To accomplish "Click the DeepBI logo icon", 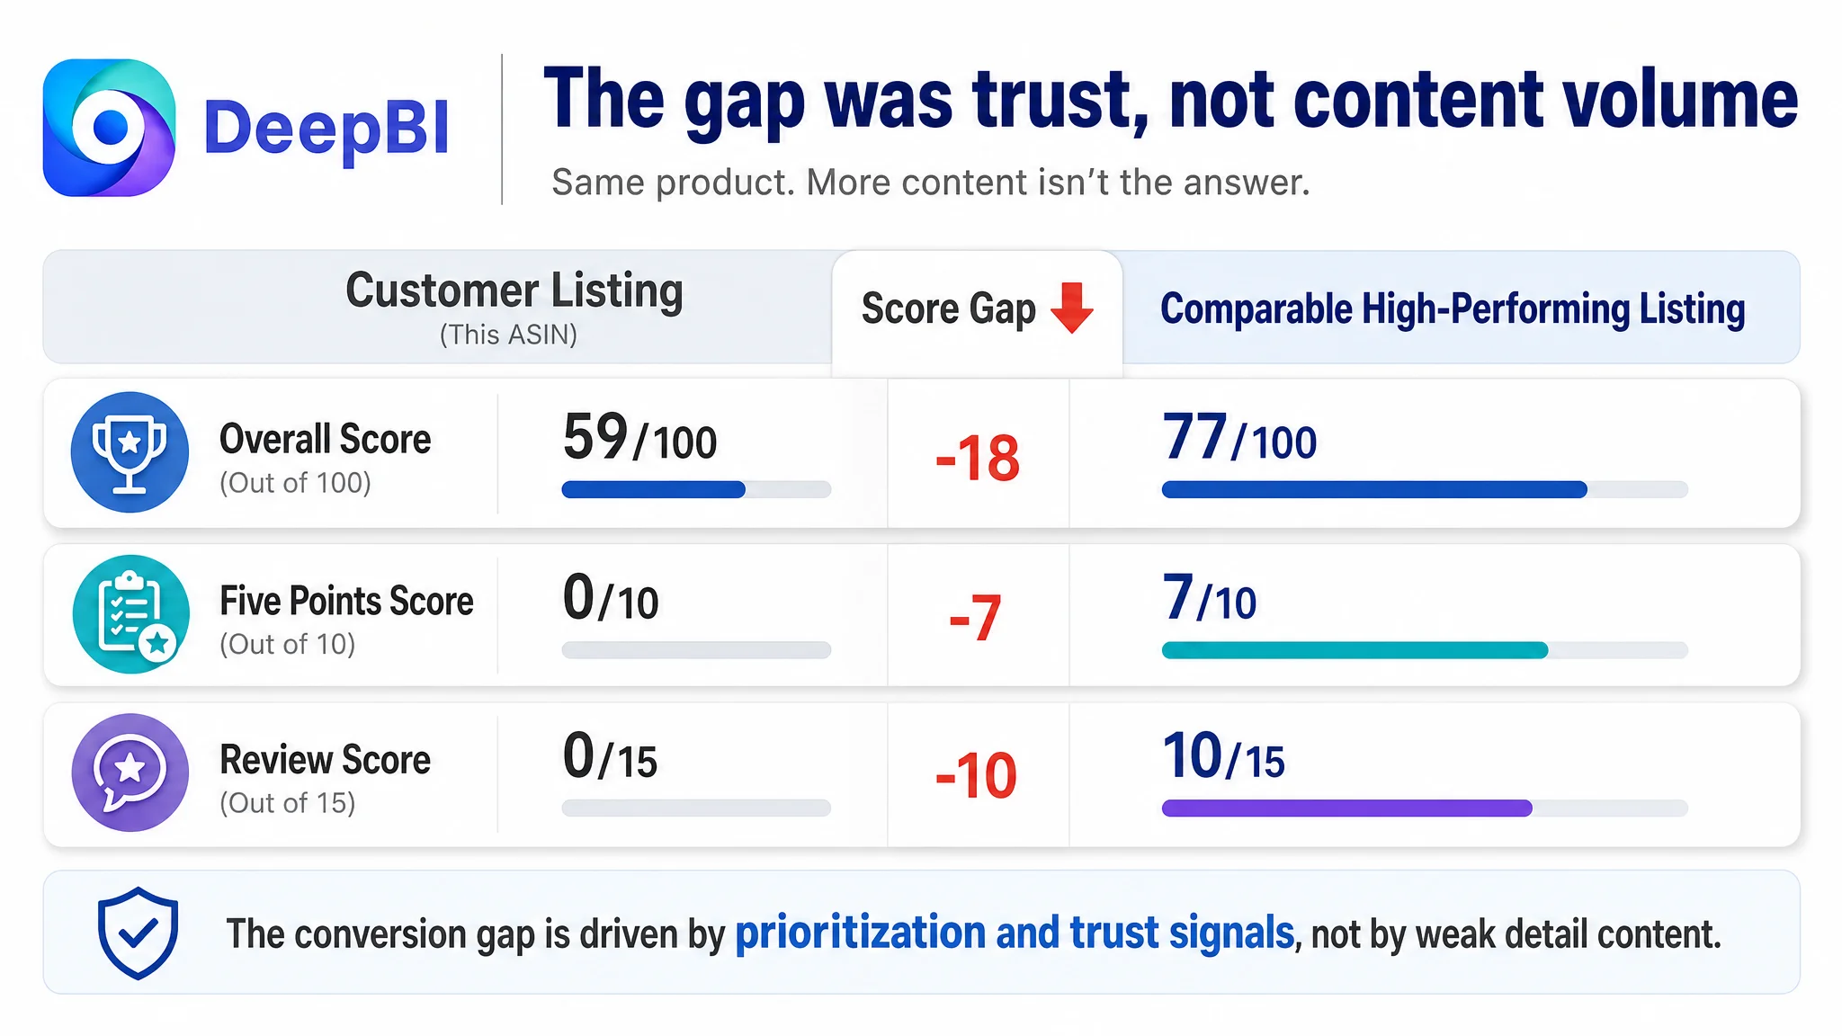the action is [109, 128].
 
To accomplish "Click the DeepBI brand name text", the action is [326, 129].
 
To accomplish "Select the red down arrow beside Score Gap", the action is [1072, 308].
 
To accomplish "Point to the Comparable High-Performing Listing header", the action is [1453, 308].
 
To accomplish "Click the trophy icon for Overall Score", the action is [130, 451].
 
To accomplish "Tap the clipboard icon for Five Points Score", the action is [130, 613].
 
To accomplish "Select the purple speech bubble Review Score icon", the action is [130, 773].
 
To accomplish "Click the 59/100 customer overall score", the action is [639, 438].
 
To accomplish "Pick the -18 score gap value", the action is [978, 458].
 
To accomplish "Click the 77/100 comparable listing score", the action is [1239, 438].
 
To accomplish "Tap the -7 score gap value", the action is [975, 618].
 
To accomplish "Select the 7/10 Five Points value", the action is [1209, 598].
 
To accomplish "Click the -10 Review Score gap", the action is [976, 775].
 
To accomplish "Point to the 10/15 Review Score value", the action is [1223, 756].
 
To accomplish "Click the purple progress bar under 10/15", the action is [1346, 808].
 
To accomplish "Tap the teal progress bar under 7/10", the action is [1355, 649].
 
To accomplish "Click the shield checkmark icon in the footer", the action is [138, 933].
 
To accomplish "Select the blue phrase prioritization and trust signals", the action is [1015, 933].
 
